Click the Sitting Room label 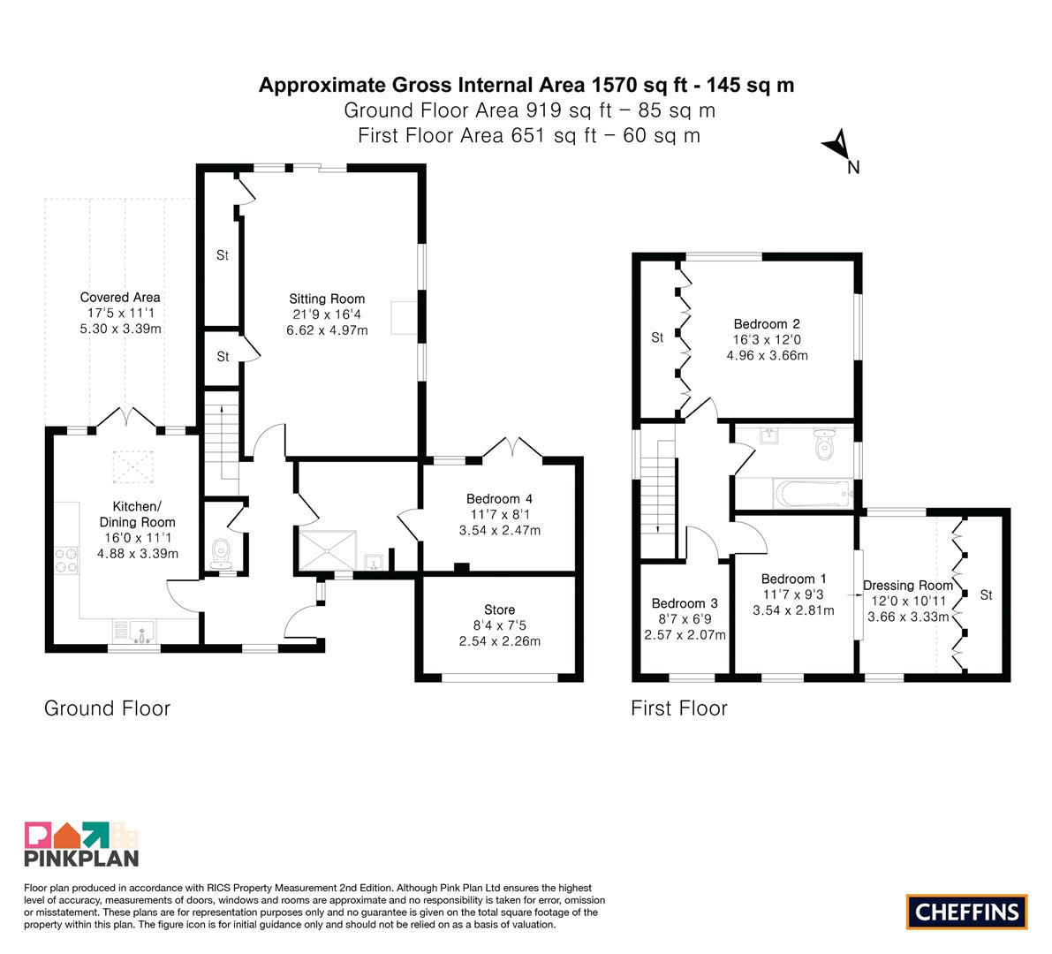click(x=327, y=299)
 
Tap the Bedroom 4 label click(x=499, y=499)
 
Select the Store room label click(x=499, y=609)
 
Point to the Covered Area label click(x=120, y=297)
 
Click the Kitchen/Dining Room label click(x=137, y=515)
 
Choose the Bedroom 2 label click(x=767, y=324)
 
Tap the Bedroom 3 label click(x=685, y=604)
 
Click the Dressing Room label click(x=908, y=586)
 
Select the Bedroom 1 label click(x=794, y=579)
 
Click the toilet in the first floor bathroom click(x=824, y=443)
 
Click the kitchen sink click(x=142, y=632)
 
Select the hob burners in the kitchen click(x=66, y=561)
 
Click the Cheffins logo click(x=966, y=912)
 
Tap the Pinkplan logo click(x=81, y=844)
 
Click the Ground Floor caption click(x=108, y=708)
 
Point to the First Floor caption click(x=679, y=708)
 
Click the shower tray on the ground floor click(x=327, y=551)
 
